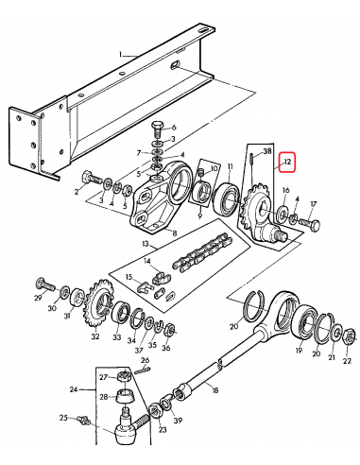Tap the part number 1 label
tap(121, 56)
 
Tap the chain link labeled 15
tap(153, 280)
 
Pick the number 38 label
tap(266, 150)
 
